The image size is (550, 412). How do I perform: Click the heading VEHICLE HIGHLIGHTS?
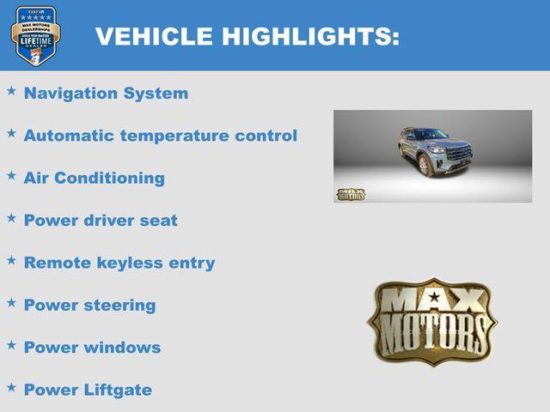[247, 37]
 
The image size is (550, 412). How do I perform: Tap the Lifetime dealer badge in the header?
[35, 36]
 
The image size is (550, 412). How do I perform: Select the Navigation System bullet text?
[106, 94]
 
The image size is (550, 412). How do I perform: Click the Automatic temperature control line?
[160, 136]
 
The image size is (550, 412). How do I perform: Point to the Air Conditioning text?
[94, 178]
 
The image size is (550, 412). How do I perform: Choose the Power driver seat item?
[101, 221]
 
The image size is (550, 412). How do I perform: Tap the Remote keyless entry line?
[119, 263]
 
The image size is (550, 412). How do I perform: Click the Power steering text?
[89, 305]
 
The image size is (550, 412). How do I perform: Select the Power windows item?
[92, 348]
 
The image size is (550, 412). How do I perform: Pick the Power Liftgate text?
[88, 390]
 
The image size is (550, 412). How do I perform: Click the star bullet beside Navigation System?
[11, 90]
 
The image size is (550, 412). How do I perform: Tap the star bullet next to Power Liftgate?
[11, 386]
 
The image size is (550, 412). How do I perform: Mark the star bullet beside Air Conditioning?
[11, 174]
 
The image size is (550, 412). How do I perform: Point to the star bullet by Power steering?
[11, 301]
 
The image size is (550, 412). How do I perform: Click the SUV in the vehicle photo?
[435, 152]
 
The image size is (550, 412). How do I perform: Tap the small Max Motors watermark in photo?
[350, 194]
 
